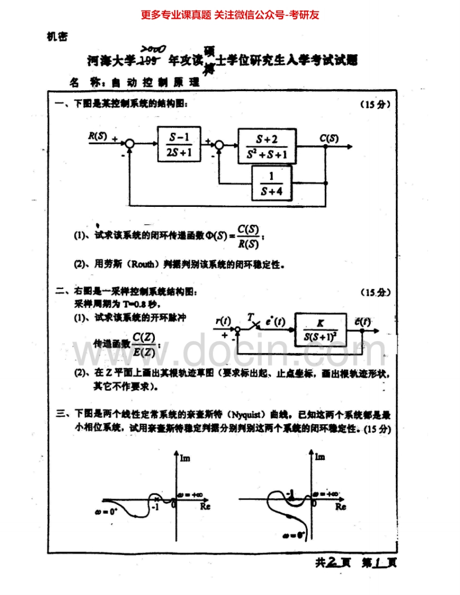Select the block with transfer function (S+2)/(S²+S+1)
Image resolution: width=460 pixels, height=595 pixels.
(266, 146)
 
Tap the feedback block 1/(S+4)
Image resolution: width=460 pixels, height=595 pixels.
(271, 183)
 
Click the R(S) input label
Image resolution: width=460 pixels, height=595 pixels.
(98, 136)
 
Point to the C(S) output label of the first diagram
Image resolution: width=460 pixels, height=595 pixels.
(329, 138)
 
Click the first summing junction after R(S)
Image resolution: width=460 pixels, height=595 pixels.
(129, 143)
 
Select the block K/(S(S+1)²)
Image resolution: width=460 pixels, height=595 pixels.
(320, 330)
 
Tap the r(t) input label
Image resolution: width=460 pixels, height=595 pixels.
(223, 321)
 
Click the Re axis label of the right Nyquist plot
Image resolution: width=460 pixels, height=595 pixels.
(340, 507)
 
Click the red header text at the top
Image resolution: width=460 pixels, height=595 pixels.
(230, 15)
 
